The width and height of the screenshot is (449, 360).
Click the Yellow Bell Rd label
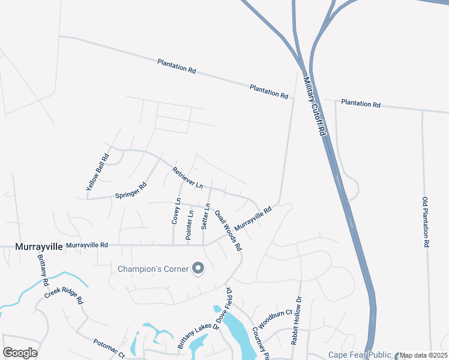pos(97,173)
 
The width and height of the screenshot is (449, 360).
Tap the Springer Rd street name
pos(131,191)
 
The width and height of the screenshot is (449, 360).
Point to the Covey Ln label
pos(176,212)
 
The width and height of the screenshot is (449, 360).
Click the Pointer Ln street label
pos(190,225)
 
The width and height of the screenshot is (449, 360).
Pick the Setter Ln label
pos(205,217)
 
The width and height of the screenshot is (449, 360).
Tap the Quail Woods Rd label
pos(228,230)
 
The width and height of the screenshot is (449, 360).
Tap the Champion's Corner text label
pos(152,268)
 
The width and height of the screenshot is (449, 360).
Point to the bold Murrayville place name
pos(37,246)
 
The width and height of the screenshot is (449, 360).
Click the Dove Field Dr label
pos(229,306)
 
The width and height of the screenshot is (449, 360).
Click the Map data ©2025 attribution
pos(423,355)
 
